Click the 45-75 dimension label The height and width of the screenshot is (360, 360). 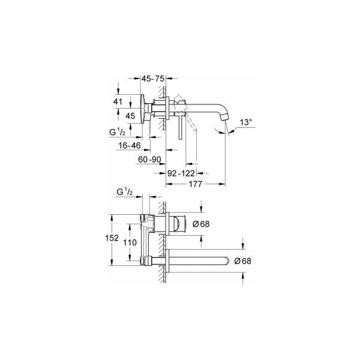[153, 79]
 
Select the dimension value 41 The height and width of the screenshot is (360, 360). [118, 101]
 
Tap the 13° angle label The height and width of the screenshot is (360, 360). [246, 122]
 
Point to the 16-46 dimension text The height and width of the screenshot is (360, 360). [130, 145]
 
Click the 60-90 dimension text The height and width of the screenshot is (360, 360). [149, 160]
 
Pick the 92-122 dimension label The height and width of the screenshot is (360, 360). [181, 173]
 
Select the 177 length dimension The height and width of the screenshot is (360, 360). [195, 184]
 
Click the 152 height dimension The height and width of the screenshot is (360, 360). [112, 238]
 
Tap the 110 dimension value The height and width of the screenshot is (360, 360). [130, 242]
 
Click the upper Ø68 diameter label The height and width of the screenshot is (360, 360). [201, 224]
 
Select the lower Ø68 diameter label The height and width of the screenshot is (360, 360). [242, 261]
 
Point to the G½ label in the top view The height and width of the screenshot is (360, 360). [118, 132]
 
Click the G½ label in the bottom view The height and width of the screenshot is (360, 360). [124, 191]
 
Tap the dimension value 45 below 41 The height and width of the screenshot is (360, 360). [130, 116]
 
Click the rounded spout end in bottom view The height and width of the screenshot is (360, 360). [227, 261]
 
